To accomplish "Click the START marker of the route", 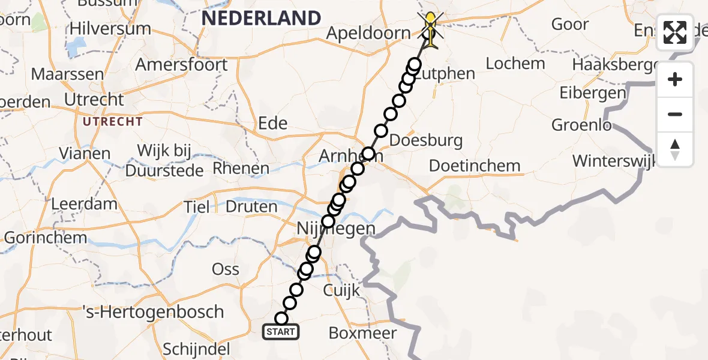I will pyautogui.click(x=281, y=331).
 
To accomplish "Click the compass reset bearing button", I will pyautogui.click(x=675, y=149).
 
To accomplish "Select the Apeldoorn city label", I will pyautogui.click(x=368, y=33).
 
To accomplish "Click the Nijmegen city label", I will pyautogui.click(x=336, y=229).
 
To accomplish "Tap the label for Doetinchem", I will pyautogui.click(x=475, y=166).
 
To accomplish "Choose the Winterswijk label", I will pyautogui.click(x=615, y=161).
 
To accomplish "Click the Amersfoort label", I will pyautogui.click(x=182, y=64).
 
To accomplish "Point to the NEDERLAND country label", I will pyautogui.click(x=261, y=18).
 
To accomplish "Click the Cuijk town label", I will pyautogui.click(x=341, y=291).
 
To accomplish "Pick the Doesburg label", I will pyautogui.click(x=426, y=141).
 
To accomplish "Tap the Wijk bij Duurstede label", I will pyautogui.click(x=164, y=160).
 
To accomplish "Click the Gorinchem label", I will pyautogui.click(x=45, y=238).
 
